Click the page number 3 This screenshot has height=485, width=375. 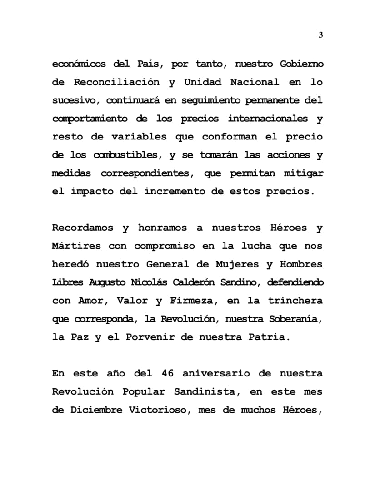pos(321,35)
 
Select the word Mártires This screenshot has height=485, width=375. pos(77,246)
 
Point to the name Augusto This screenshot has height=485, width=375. pos(107,282)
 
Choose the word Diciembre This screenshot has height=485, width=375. pos(96,409)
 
